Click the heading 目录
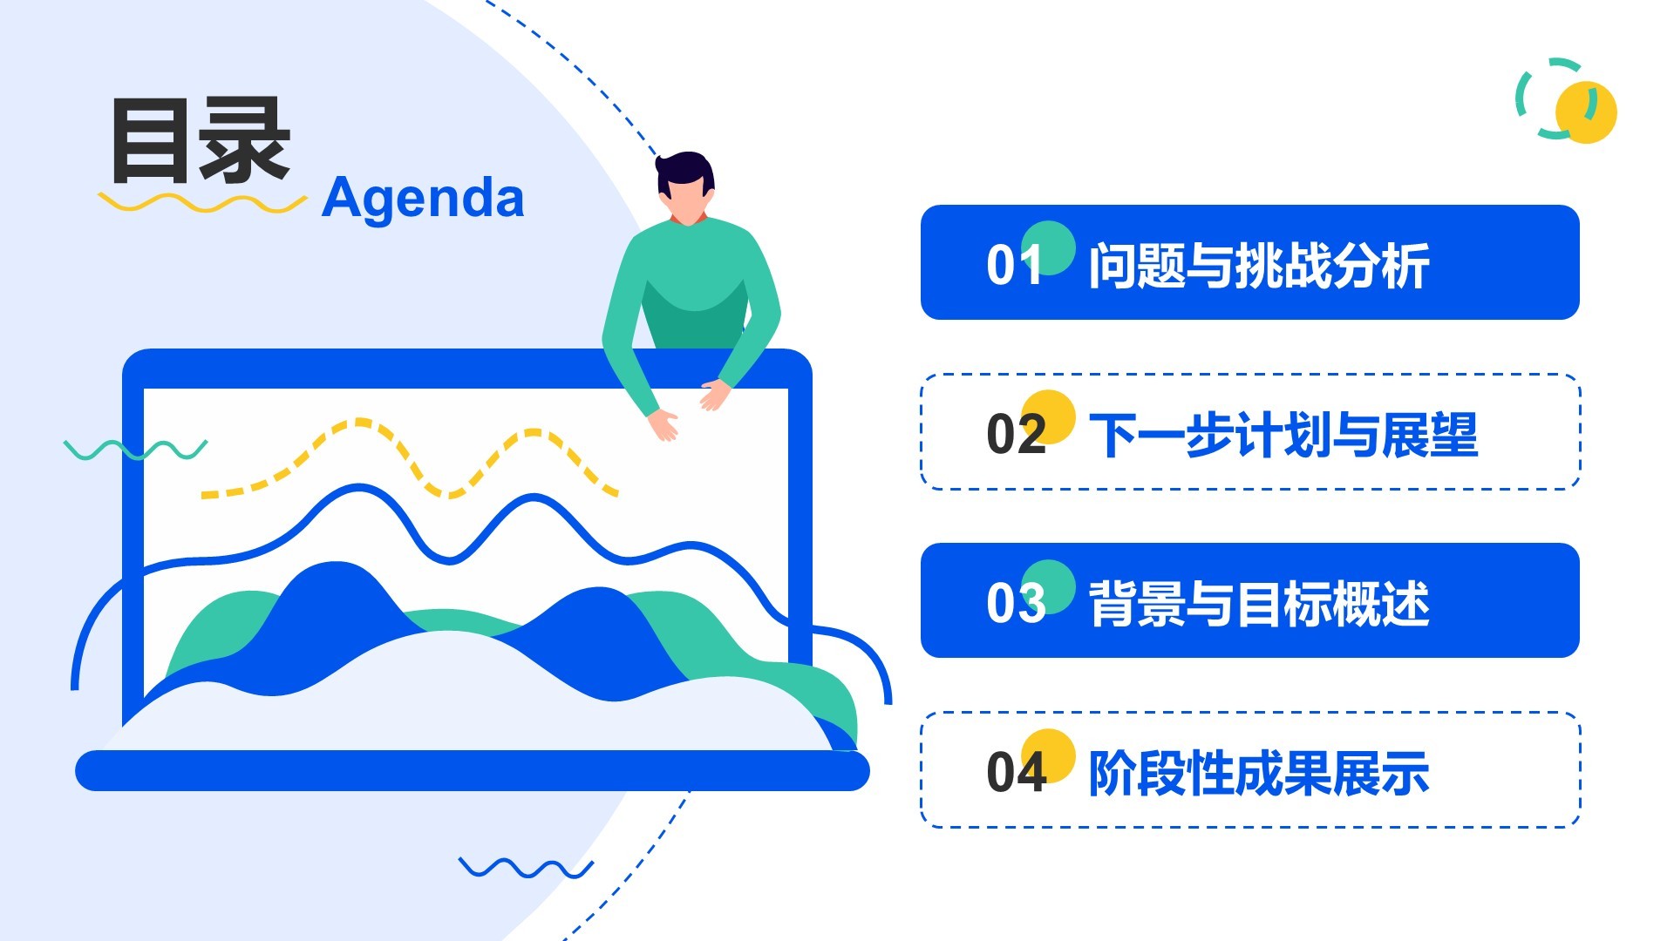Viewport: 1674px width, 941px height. pos(201,140)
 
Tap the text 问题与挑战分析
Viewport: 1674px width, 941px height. pos(1259,266)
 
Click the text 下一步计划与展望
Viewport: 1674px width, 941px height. pos(1283,435)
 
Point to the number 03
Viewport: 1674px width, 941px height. pos(1016,602)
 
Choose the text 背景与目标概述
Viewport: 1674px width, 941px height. pos(1259,604)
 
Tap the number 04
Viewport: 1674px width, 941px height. pos(1016,772)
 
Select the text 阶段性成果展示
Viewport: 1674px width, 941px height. pos(1259,773)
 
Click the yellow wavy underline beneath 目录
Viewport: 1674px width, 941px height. pos(202,203)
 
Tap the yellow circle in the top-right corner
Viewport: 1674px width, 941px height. pos(1586,112)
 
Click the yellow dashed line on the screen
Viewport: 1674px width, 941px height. pos(410,459)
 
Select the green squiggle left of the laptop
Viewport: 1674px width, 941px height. pos(135,450)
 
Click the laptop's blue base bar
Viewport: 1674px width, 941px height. pos(473,770)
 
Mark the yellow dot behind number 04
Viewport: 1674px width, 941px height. pos(1047,755)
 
